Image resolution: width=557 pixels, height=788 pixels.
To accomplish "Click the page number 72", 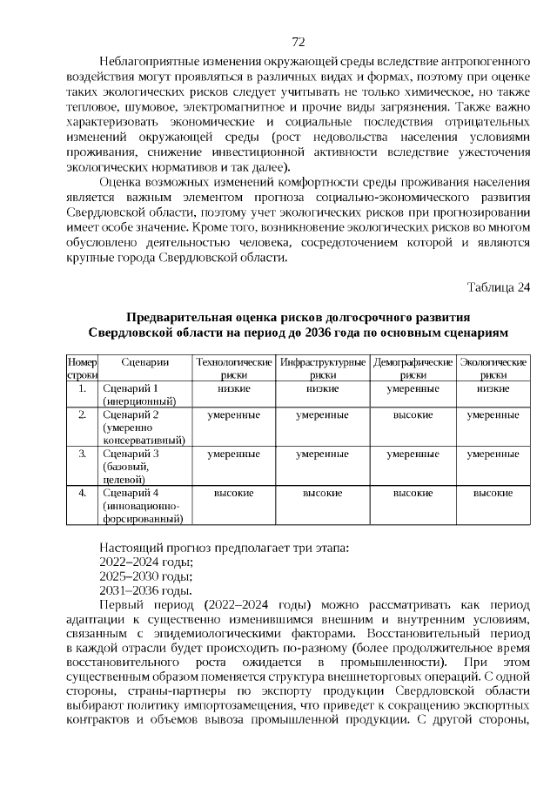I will pos(297,41).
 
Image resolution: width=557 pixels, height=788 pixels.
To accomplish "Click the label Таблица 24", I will pos(498,287).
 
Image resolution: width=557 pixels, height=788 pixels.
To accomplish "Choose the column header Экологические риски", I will pos(493,367).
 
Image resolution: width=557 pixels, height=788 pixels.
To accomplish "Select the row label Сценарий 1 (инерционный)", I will pos(139,394).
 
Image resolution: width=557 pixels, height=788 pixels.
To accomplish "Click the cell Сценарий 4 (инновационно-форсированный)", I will pos(143,506).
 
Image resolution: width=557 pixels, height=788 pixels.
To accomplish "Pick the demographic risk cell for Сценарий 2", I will pos(413,415).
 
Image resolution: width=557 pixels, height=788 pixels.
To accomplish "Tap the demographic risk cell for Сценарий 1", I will pos(413,388).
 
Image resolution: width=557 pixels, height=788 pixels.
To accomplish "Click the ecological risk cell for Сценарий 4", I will pos(493,493).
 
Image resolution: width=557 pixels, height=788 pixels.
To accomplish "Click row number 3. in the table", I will pos(82,454).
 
